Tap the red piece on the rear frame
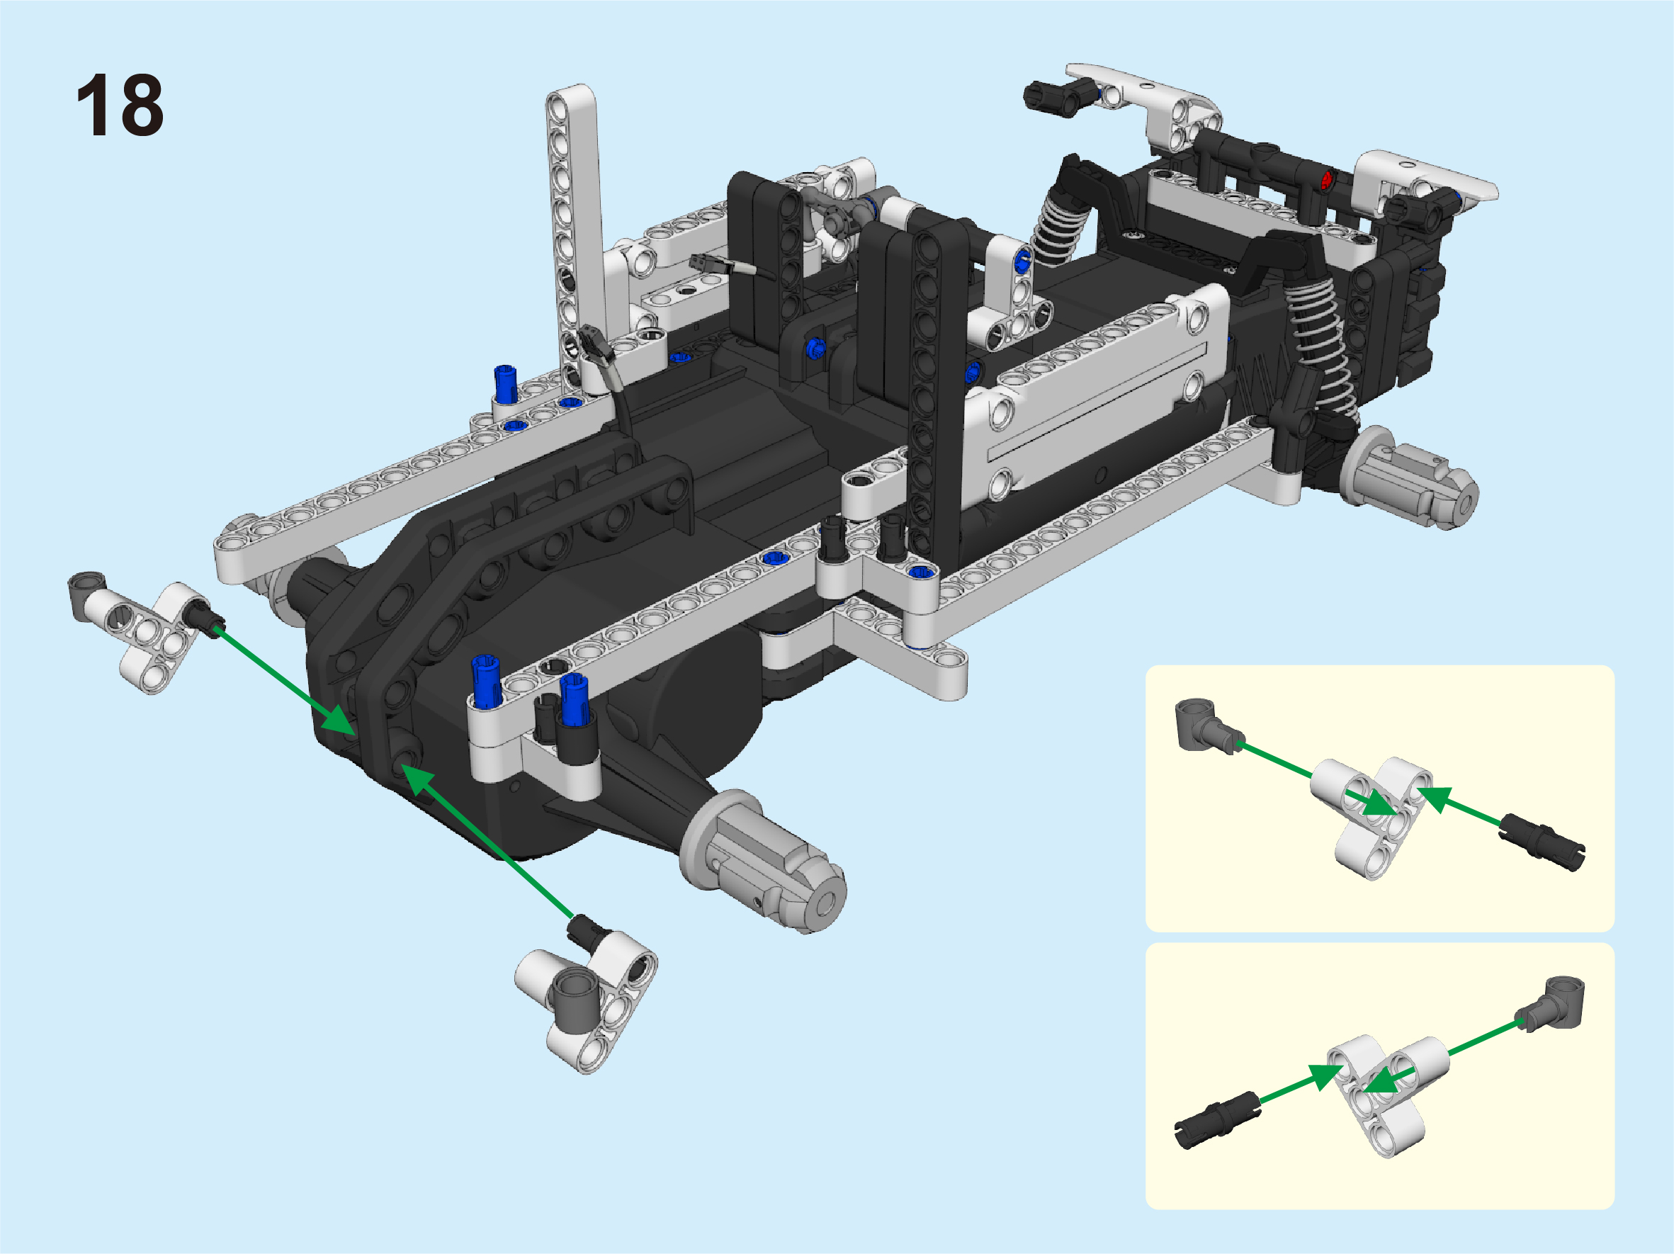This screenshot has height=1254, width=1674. click(1326, 180)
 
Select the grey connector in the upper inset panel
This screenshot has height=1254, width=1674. click(1207, 726)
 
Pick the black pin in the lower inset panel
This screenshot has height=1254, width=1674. click(1216, 1121)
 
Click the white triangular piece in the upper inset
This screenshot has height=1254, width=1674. click(1372, 817)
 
